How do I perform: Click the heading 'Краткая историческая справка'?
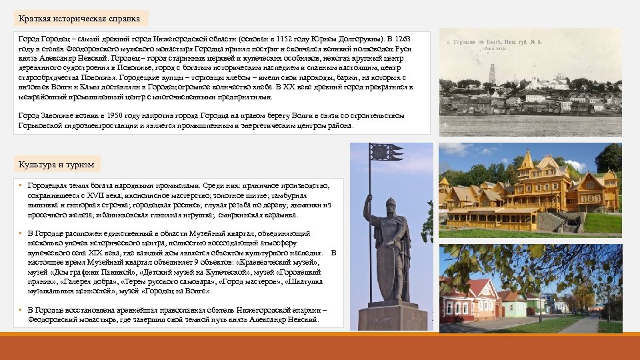79,18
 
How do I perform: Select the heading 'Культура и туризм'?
56,164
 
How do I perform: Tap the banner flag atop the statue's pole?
387,153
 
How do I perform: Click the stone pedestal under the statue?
392,317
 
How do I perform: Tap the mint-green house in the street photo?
514,306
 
